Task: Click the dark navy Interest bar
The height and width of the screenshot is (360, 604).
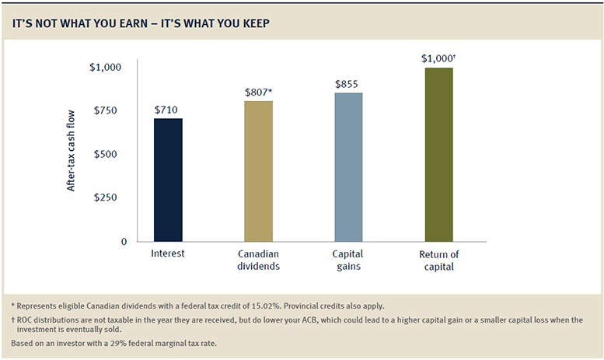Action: coord(168,180)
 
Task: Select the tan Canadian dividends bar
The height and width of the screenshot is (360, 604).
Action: coord(258,171)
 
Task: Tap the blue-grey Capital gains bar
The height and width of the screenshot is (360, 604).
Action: coord(348,167)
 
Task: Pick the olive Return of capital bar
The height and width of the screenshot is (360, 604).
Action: coord(438,155)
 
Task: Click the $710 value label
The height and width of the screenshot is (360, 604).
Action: coord(168,108)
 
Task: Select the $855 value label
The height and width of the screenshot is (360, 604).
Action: coord(348,83)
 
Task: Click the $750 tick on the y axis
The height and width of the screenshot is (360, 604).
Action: coord(106,111)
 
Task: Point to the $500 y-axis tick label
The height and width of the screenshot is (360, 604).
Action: coord(106,154)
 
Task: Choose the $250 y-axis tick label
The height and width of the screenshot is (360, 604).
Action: coord(106,197)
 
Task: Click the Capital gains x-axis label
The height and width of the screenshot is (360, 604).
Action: coord(348,260)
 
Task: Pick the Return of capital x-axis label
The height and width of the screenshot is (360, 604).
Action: coord(438,260)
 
